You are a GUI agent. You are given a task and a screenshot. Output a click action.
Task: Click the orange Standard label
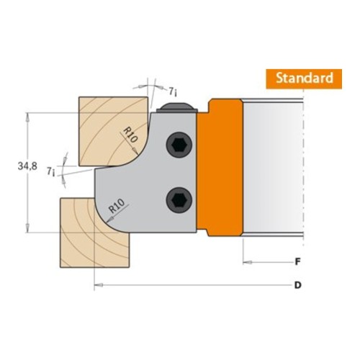point(304,79)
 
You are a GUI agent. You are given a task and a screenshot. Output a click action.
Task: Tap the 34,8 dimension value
point(27,166)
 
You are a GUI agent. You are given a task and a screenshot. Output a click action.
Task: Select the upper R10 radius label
point(130,135)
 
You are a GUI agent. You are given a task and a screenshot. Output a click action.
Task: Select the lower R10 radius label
point(117,206)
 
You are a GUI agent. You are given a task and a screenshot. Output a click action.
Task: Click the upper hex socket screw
point(179,145)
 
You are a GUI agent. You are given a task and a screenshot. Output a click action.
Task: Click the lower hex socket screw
point(179,200)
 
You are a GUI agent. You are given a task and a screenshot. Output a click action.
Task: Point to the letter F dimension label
point(297,261)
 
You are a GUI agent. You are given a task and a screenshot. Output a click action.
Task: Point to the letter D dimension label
point(297,285)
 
